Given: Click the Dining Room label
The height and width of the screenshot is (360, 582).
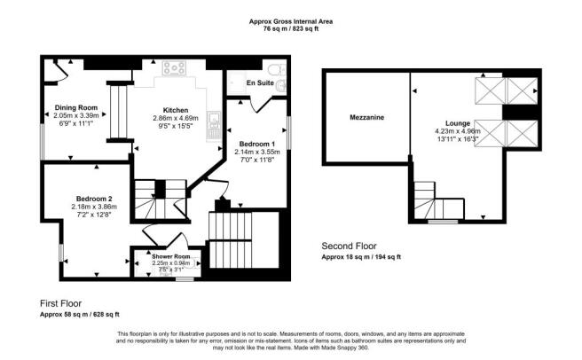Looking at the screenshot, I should [x=75, y=107].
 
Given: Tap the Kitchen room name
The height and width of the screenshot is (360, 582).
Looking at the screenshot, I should [x=175, y=110].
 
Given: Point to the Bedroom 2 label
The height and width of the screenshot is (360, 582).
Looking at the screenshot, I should [x=93, y=198].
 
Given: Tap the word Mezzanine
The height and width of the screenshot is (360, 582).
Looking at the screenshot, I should [x=366, y=116].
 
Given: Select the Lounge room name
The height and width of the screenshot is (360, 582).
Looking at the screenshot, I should [x=460, y=123].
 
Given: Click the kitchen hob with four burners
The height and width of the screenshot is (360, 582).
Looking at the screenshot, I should [x=172, y=67].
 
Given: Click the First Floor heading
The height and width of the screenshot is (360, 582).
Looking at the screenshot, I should [x=66, y=303].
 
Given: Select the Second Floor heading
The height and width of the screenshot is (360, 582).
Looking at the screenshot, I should [x=350, y=246].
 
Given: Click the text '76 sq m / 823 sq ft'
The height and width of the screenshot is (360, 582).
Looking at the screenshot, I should [x=291, y=28].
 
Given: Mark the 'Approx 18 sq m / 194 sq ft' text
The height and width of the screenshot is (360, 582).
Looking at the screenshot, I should [x=360, y=256].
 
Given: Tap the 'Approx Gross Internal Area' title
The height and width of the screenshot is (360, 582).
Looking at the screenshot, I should [x=291, y=20].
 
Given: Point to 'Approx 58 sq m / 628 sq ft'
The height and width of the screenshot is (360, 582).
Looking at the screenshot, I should [x=80, y=315].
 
